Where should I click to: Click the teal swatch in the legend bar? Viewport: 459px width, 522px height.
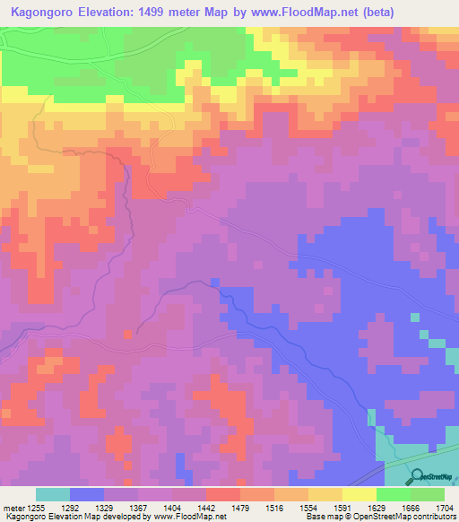point(53,494)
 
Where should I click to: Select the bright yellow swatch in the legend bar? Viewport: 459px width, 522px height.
point(359,494)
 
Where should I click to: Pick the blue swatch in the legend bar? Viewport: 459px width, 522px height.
point(87,494)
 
